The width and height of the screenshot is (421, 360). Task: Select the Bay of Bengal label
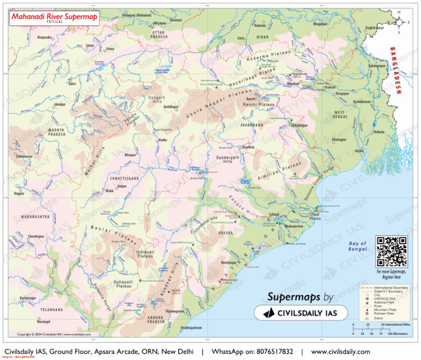(x=357, y=246)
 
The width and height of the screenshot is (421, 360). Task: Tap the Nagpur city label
(x=19, y=194)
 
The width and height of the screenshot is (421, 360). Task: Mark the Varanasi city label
(x=176, y=20)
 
